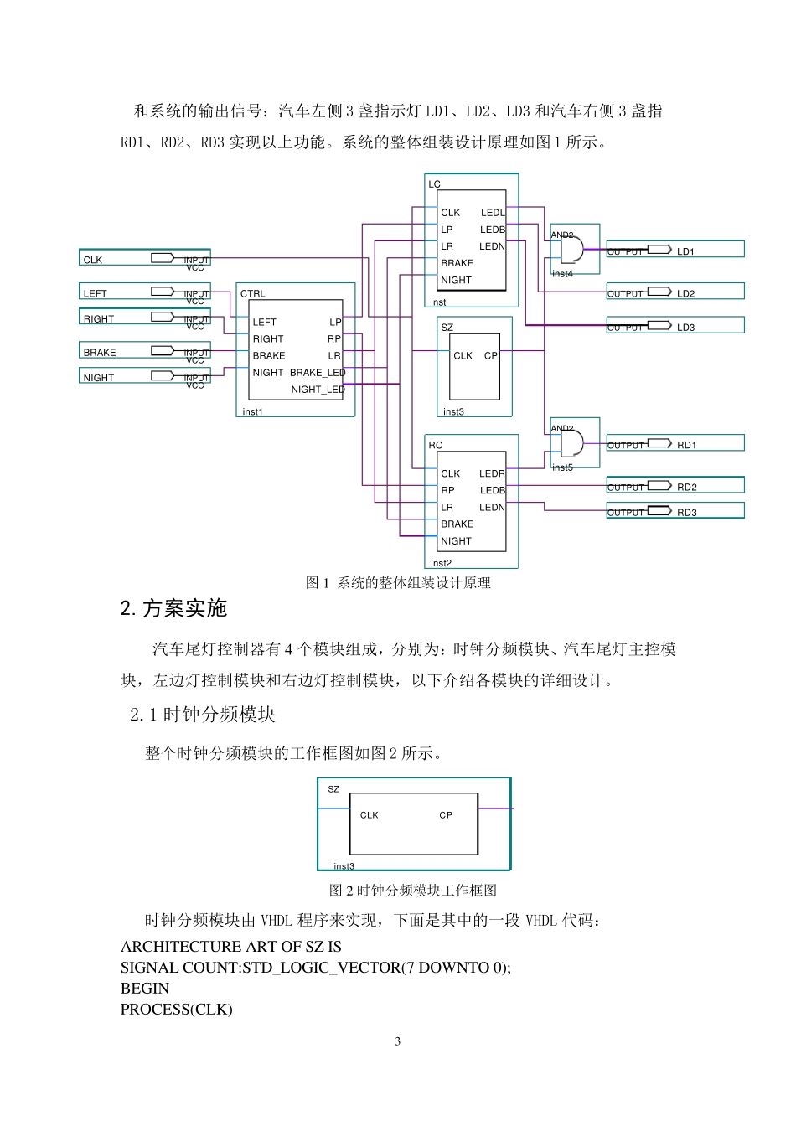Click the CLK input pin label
pyautogui.click(x=93, y=260)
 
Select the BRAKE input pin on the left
pyautogui.click(x=100, y=353)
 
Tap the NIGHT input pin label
pyautogui.click(x=98, y=378)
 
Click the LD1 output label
pyautogui.click(x=685, y=251)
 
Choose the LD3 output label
pyautogui.click(x=685, y=328)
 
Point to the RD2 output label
pyautogui.click(x=686, y=487)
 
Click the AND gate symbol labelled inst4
pyautogui.click(x=571, y=250)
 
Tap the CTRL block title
pyautogui.click(x=252, y=294)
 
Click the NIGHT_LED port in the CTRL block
pyautogui.click(x=318, y=390)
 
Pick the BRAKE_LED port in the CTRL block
pyautogui.click(x=318, y=373)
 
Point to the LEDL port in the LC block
pyautogui.click(x=493, y=213)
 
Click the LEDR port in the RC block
pyautogui.click(x=492, y=474)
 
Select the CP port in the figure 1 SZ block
pyautogui.click(x=491, y=356)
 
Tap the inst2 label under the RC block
pyautogui.click(x=441, y=563)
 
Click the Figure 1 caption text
pyautogui.click(x=398, y=583)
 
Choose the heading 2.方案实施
pyautogui.click(x=174, y=609)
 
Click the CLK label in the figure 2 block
pyautogui.click(x=370, y=815)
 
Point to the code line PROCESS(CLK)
pyautogui.click(x=176, y=1010)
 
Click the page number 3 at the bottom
pyautogui.click(x=397, y=1041)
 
